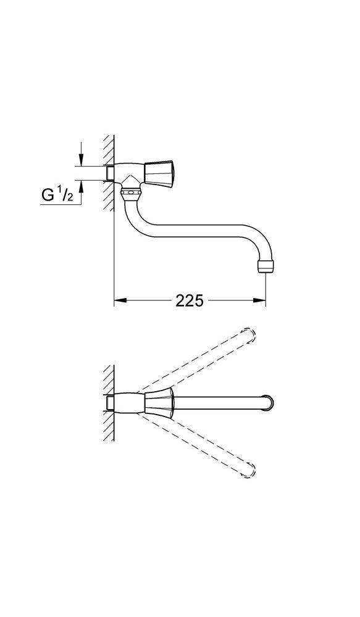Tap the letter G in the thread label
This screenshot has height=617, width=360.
48,196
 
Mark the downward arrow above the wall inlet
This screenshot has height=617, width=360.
80,158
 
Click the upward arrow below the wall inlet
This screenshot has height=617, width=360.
80,188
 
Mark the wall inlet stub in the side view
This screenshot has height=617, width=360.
110,173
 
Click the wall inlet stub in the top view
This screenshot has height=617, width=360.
110,404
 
